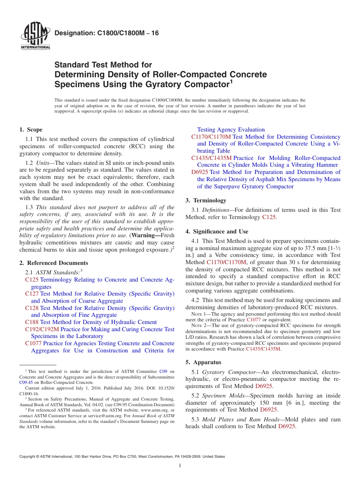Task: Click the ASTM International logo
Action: coord(35,36)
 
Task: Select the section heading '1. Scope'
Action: coord(31,130)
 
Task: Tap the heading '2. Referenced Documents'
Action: coord(53,263)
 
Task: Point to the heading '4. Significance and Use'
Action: coord(217,232)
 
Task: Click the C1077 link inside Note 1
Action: coord(254,319)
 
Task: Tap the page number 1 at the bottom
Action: coord(180,466)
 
